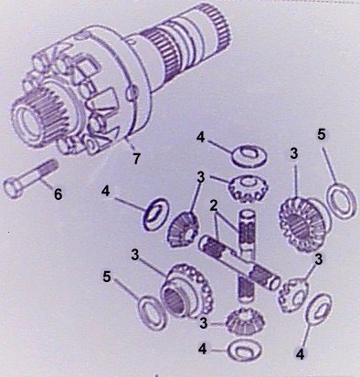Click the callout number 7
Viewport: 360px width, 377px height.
[x=136, y=158]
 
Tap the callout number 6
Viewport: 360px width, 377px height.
[x=58, y=194]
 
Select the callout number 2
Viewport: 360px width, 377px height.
[x=214, y=206]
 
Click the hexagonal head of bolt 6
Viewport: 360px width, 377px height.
[x=13, y=188]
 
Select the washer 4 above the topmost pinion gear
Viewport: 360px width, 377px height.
[x=249, y=156]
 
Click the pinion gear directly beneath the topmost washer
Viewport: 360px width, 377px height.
[x=248, y=189]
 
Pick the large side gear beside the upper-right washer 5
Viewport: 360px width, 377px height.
[x=302, y=224]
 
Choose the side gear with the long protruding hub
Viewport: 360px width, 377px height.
[x=186, y=291]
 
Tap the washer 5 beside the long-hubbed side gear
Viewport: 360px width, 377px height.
[x=151, y=312]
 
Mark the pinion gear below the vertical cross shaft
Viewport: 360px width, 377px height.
[x=245, y=321]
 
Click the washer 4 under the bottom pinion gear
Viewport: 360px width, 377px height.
[x=245, y=351]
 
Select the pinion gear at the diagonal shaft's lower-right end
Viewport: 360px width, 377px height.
[x=292, y=295]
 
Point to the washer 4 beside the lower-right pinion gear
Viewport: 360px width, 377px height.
[x=319, y=309]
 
